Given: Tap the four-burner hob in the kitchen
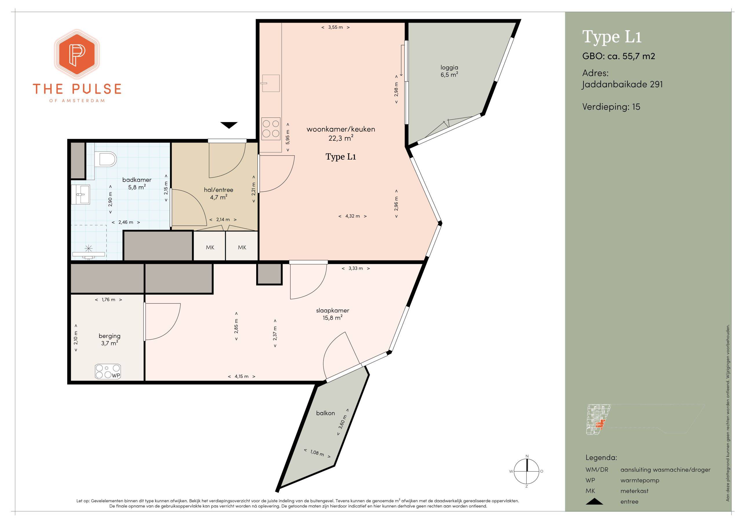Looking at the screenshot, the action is [271, 128].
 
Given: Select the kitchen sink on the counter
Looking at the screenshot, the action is [271, 83].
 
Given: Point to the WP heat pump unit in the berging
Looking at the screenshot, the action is [108, 371].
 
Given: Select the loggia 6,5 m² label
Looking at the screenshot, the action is [449, 71].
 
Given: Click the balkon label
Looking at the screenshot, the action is [325, 413].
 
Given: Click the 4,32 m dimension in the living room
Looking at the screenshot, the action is [352, 216].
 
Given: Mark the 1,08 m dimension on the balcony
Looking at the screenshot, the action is [317, 453].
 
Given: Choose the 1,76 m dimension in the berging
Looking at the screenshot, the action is [109, 300].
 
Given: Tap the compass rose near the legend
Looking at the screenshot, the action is [527, 471].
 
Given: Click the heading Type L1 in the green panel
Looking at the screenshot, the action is [612, 37].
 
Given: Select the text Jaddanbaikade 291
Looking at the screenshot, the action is [622, 84].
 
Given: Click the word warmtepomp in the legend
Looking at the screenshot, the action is [640, 480].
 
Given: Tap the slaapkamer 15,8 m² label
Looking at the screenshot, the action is [332, 314].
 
